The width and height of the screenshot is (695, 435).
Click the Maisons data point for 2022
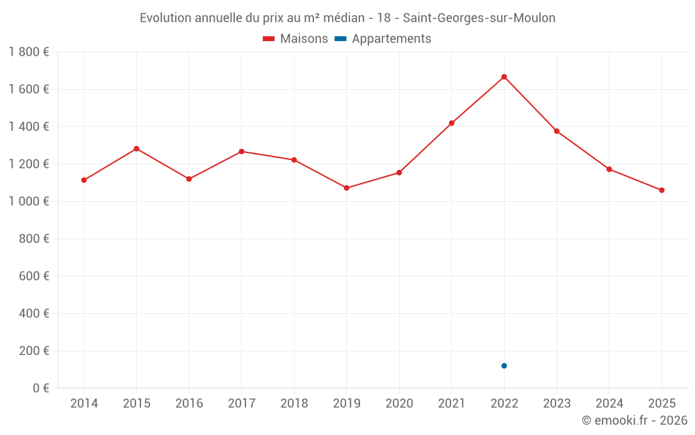(x=504, y=77)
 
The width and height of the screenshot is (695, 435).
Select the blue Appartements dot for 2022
(x=504, y=365)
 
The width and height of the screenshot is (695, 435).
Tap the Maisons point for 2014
(x=84, y=180)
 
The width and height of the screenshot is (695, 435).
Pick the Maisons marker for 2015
(x=136, y=149)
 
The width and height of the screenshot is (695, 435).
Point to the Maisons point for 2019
(x=347, y=188)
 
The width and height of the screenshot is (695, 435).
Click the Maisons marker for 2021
(x=452, y=123)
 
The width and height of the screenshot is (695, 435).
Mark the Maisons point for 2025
(x=662, y=190)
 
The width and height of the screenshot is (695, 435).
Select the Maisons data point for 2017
(x=241, y=151)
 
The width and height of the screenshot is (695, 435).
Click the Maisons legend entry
(x=295, y=39)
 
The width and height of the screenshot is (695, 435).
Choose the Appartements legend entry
(x=384, y=39)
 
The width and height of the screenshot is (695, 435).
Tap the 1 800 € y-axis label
(x=28, y=52)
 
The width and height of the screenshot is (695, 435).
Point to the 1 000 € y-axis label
(x=28, y=202)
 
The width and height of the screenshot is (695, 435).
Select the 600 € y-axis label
(x=33, y=276)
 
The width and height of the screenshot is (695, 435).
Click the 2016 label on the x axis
(x=189, y=404)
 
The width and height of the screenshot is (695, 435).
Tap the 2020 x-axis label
(x=399, y=404)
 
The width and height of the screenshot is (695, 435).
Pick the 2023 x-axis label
(x=557, y=404)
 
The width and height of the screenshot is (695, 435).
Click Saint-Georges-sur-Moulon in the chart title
(x=479, y=18)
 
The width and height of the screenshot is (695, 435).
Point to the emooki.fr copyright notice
(x=634, y=420)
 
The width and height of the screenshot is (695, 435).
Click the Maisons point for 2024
(x=609, y=169)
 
